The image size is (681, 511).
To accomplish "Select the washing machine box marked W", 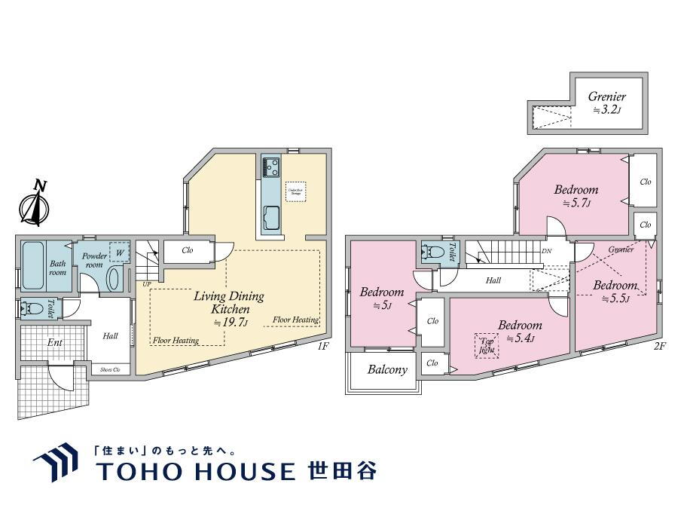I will pos(120,252).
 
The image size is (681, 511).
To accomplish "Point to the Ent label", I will pos(54,343).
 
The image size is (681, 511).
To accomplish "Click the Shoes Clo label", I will pos(111,369).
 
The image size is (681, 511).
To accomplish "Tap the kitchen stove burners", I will pos(270,167).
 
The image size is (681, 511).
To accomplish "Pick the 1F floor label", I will pos(323,347).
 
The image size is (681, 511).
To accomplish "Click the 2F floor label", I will pos(659,347).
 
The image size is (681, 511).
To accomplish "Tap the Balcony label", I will pos(387,370).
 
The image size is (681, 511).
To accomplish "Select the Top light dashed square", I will pos(486,346).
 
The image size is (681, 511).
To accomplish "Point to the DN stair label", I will pos(545,252).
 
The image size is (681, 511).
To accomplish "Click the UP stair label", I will pos(146,284).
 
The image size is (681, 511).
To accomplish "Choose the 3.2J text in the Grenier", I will pos(606,110).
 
